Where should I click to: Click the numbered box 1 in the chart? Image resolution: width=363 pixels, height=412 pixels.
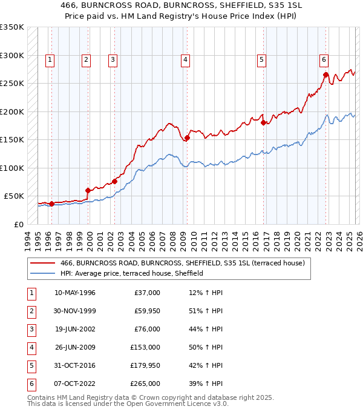point(49,59)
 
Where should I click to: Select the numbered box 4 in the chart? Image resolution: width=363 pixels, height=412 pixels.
point(185,59)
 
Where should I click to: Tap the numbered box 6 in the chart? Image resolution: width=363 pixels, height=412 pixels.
point(324,59)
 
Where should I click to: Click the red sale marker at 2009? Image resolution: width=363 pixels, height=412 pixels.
point(187,138)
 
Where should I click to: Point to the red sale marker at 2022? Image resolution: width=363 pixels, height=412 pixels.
point(325,75)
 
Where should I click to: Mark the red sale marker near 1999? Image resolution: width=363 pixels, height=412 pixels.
point(88,190)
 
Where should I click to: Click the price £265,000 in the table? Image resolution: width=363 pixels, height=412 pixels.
point(145,384)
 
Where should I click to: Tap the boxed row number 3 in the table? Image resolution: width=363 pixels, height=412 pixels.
point(30,329)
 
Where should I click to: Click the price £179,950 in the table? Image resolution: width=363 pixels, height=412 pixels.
point(145,365)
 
